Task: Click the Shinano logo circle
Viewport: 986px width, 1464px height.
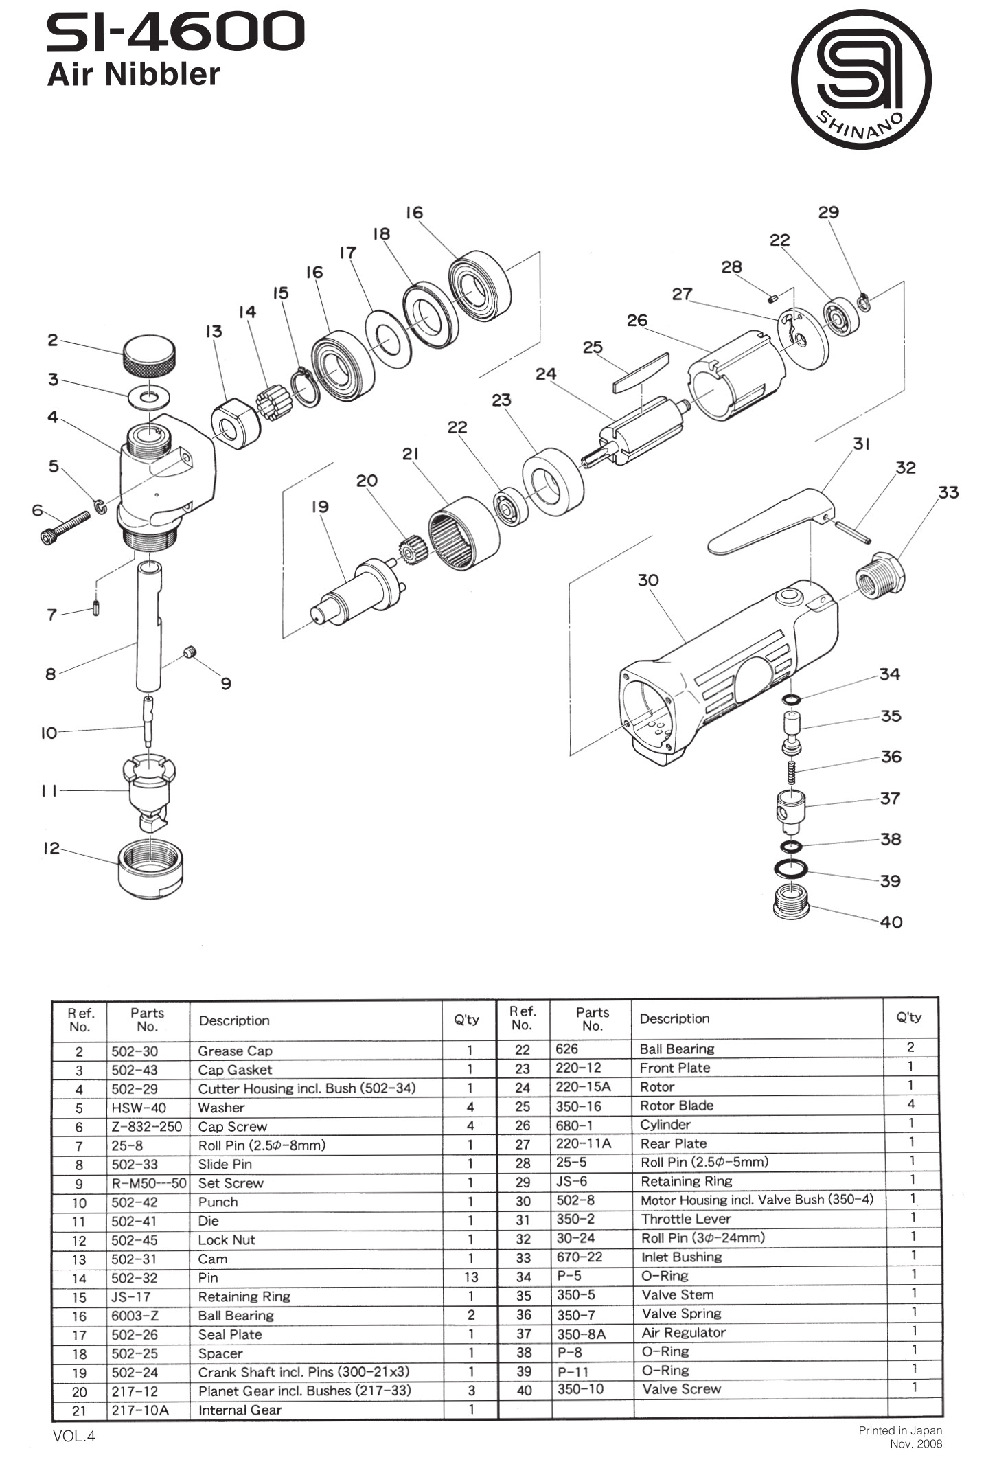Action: (861, 79)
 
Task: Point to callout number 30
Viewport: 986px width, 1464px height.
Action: (647, 580)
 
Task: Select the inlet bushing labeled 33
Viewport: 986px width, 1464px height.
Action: (880, 574)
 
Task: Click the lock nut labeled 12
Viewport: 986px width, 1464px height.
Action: (150, 870)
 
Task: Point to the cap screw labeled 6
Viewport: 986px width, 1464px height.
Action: (65, 526)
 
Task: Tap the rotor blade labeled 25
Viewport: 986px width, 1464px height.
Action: (641, 372)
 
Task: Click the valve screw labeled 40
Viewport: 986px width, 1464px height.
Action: (791, 901)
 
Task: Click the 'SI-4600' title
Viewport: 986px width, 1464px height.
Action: (175, 32)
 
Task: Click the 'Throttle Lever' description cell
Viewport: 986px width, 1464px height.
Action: (685, 1219)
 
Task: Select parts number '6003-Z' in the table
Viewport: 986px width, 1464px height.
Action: (135, 1316)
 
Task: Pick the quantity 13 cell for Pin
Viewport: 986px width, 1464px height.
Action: (470, 1277)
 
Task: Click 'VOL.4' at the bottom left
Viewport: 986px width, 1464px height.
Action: (73, 1436)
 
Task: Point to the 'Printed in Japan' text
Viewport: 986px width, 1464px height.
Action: (899, 1430)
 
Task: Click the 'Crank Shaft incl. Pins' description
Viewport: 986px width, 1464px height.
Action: (303, 1372)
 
